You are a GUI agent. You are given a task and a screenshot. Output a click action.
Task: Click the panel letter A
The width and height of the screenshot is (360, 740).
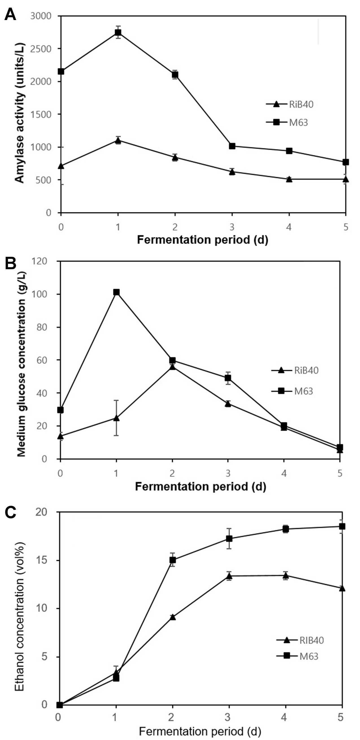click(10, 14)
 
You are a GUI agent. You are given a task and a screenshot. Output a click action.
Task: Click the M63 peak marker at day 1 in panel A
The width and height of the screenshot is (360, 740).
click(118, 32)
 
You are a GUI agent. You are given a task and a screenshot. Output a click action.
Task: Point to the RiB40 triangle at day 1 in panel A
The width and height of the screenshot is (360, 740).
click(118, 140)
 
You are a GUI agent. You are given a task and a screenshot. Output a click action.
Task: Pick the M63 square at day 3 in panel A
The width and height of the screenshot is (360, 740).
click(232, 146)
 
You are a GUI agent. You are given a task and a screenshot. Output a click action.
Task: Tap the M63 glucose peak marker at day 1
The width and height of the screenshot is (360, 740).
click(116, 292)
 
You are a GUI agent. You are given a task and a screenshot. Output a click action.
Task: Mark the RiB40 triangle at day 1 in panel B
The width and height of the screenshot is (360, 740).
click(116, 418)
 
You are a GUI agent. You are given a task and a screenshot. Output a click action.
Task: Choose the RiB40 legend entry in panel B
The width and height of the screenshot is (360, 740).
click(295, 370)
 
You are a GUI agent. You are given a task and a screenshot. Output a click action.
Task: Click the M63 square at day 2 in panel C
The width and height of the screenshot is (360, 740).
click(173, 560)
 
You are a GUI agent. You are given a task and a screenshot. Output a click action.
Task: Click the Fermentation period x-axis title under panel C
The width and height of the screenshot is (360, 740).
click(200, 729)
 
